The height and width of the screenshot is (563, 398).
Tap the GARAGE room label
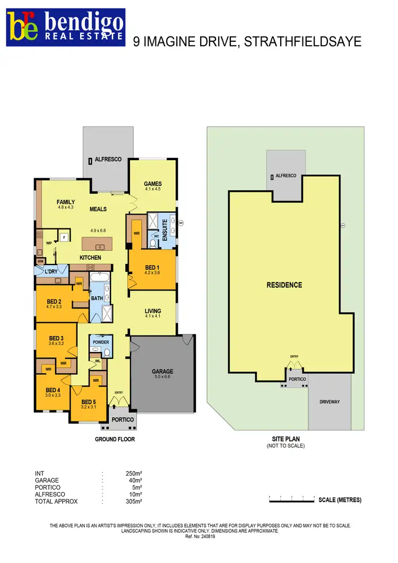pyautogui.click(x=163, y=372)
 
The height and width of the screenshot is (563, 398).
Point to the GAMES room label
pyautogui.click(x=152, y=184)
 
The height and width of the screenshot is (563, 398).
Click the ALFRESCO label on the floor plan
pyautogui.click(x=108, y=159)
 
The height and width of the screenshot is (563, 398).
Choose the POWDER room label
pyautogui.click(x=101, y=342)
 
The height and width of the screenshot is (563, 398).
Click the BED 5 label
pyautogui.click(x=88, y=401)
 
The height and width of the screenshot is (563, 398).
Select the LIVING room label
pyautogui.click(x=153, y=311)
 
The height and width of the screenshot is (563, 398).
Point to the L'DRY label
pyautogui.click(x=50, y=271)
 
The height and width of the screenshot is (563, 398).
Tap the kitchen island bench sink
pyautogui.click(x=99, y=247)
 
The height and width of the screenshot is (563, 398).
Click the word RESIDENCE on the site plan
pyautogui.click(x=284, y=285)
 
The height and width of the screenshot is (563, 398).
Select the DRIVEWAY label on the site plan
pyautogui.click(x=330, y=402)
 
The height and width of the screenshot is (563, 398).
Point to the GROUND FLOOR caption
pyautogui.click(x=115, y=439)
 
